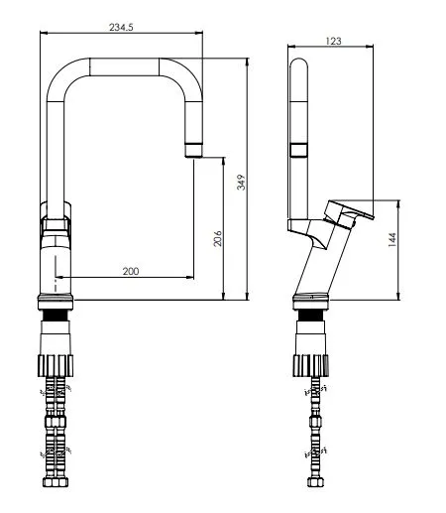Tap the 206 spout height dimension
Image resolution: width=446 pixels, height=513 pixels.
point(217,238)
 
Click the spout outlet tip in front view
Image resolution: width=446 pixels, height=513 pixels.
point(194,149)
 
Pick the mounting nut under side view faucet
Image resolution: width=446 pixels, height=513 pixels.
point(313,362)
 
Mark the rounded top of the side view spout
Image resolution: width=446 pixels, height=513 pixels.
point(298,64)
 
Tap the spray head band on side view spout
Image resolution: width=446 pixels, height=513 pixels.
point(298,150)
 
